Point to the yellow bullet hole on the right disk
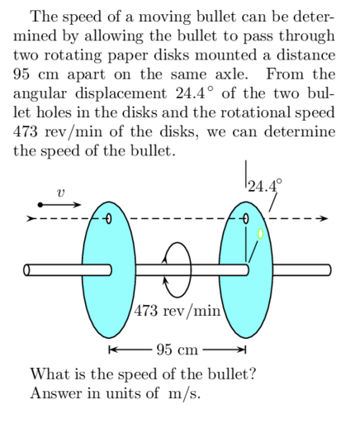pos(260,233)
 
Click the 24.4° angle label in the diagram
pos(264,185)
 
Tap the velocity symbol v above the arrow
pos(59,192)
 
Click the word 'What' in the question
pos(48,374)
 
